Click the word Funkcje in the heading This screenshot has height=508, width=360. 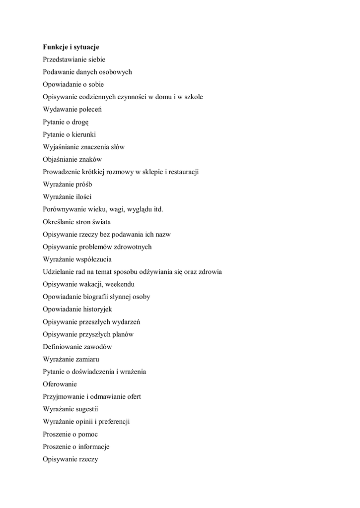click(56, 47)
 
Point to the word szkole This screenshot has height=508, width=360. click(193, 97)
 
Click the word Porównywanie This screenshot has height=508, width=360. click(66, 209)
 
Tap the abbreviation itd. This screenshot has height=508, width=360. click(157, 209)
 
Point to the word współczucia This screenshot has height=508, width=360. click(92, 259)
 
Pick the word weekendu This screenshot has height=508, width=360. click(120, 284)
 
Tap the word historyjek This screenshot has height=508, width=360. click(96, 309)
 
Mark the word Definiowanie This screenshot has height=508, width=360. click(63, 347)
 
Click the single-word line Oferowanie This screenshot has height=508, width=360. click(60, 384)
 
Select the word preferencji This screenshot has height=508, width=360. click(112, 422)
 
